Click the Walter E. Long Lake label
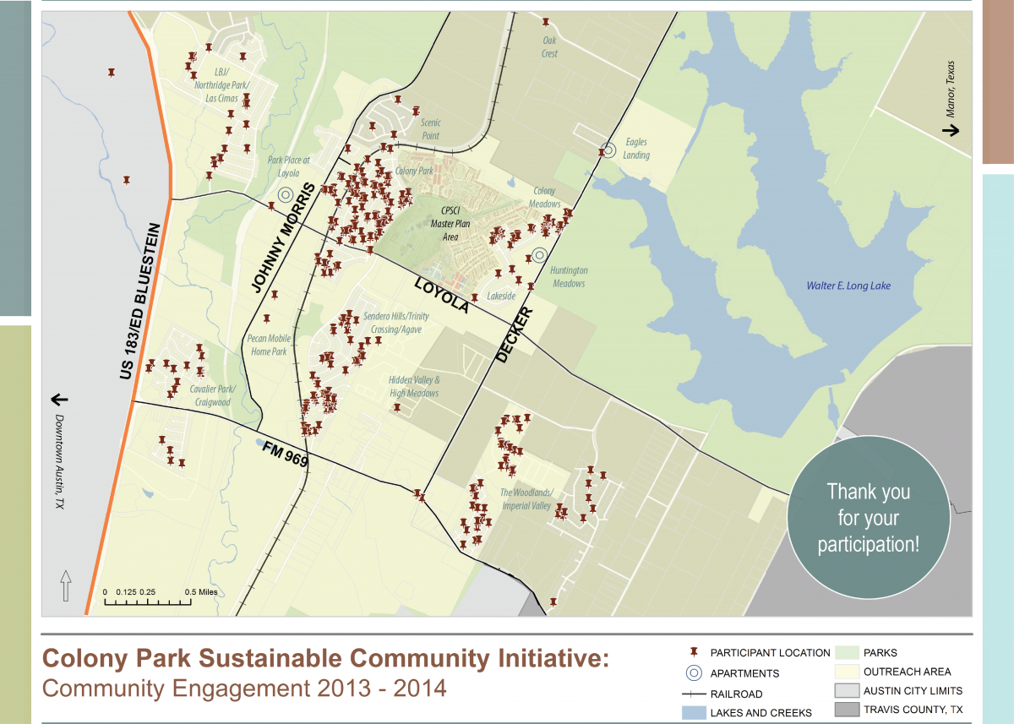pyautogui.click(x=848, y=286)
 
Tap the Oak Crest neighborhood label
pyautogui.click(x=550, y=47)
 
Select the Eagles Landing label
pyautogui.click(x=636, y=149)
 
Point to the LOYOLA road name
pyautogui.click(x=441, y=297)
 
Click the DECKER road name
pyautogui.click(x=515, y=335)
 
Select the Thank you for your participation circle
pyautogui.click(x=868, y=517)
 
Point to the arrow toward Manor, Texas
pyautogui.click(x=951, y=130)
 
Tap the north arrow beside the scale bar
pyautogui.click(x=66, y=585)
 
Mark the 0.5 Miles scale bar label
pyautogui.click(x=201, y=592)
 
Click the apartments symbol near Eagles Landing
pyautogui.click(x=608, y=151)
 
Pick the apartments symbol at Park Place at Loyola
pyautogui.click(x=286, y=194)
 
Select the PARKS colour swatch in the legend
pyautogui.click(x=847, y=653)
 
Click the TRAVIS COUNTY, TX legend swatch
pyautogui.click(x=847, y=709)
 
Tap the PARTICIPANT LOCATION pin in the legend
pyautogui.click(x=694, y=653)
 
